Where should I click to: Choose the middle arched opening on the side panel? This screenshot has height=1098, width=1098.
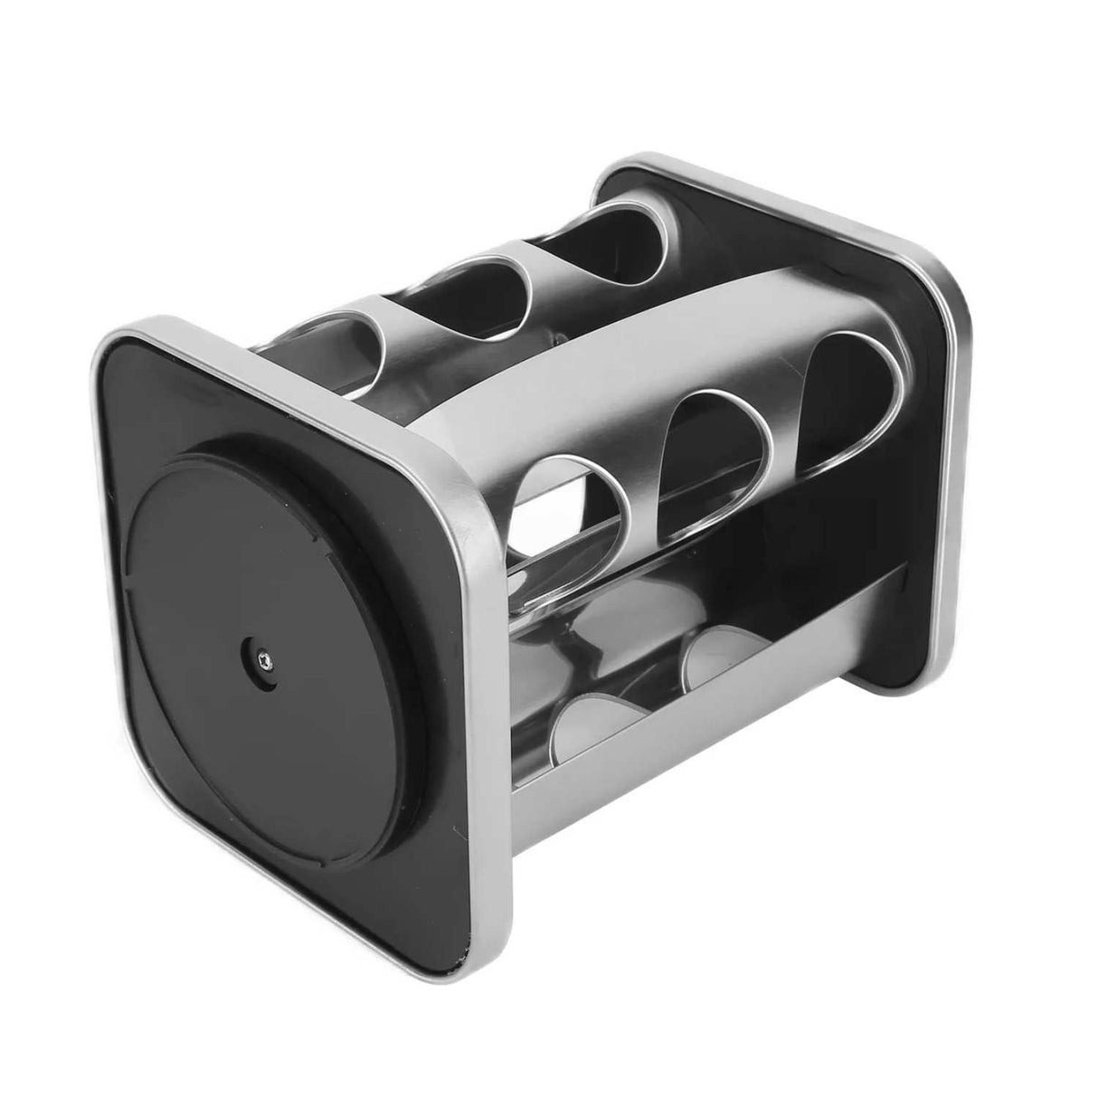tap(715, 452)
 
